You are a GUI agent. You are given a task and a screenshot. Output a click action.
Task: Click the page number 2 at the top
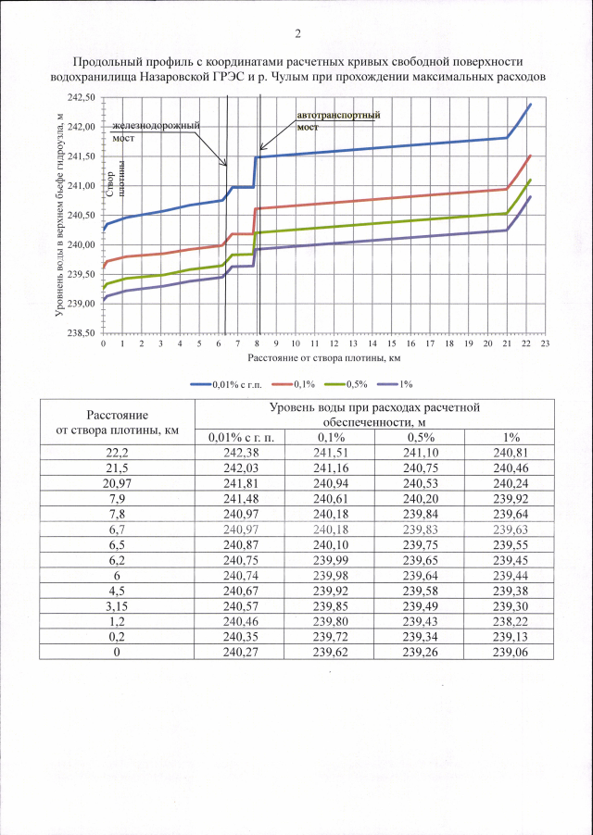click(297, 35)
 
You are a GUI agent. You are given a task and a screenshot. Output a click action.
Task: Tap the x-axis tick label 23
click(545, 343)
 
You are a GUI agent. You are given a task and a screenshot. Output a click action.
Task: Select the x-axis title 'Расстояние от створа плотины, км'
click(323, 355)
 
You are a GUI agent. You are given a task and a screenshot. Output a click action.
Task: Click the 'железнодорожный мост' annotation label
click(156, 131)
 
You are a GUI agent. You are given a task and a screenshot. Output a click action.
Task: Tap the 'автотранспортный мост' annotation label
click(339, 120)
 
